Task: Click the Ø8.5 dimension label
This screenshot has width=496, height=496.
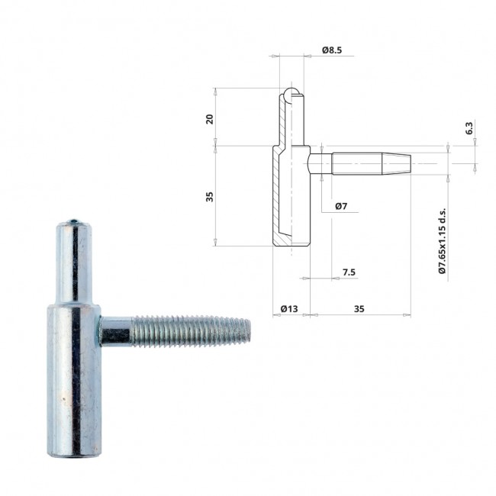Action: (x=332, y=50)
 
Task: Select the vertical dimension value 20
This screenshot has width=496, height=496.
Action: (x=209, y=119)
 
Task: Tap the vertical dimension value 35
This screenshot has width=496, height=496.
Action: (x=209, y=196)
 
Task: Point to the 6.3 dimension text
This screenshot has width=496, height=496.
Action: (x=469, y=127)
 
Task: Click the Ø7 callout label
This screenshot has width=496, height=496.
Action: (x=341, y=206)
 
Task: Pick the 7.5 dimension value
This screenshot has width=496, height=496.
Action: (x=349, y=272)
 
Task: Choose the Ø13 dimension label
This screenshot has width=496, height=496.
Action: (x=289, y=308)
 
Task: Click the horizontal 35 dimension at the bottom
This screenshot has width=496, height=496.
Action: (x=359, y=308)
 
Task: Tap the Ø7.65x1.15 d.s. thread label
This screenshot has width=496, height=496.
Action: (x=442, y=240)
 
